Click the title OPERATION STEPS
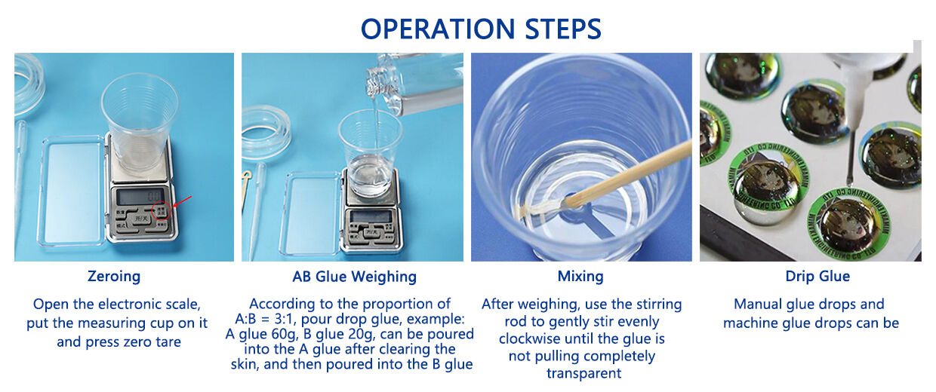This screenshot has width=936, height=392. (481, 29)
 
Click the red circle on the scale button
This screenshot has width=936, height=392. (162, 210)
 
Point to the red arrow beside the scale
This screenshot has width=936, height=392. (182, 201)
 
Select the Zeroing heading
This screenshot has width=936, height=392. (114, 277)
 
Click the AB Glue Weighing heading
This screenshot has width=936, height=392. (354, 277)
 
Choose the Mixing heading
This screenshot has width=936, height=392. (580, 277)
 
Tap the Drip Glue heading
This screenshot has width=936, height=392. (817, 277)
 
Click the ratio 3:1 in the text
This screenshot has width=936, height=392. (285, 319)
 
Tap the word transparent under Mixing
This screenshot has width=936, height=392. (583, 373)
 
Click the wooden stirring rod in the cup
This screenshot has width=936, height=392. (618, 178)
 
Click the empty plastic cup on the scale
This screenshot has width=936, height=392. (139, 121)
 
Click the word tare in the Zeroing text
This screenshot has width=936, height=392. (168, 342)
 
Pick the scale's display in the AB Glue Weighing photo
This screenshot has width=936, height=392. (370, 217)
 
